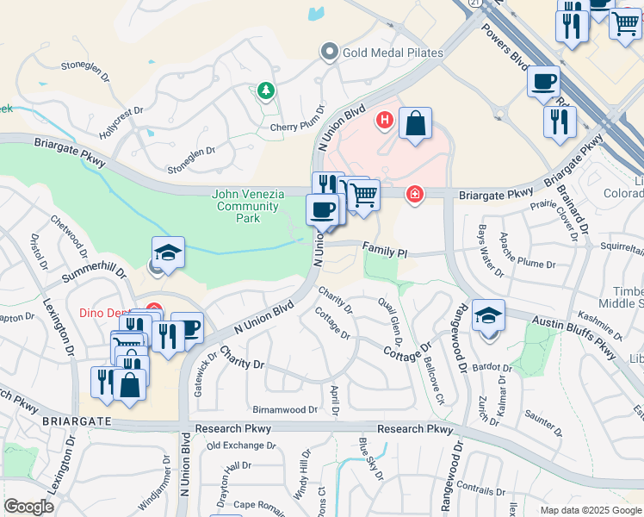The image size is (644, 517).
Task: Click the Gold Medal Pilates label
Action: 393,53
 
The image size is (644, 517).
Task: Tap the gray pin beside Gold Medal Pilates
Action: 329,53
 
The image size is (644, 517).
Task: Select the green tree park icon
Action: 266,90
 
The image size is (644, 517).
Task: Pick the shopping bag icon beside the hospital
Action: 415,122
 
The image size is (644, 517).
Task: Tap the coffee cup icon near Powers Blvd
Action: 543,81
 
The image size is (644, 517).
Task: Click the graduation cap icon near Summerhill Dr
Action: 169,252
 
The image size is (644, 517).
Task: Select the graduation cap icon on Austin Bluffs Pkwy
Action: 488,315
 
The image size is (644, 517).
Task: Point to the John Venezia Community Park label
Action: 249,206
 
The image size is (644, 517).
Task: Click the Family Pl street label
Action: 384,252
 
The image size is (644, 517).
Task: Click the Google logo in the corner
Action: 29,507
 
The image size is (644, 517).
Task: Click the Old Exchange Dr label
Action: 241,445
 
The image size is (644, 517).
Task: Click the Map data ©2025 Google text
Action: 590,509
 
